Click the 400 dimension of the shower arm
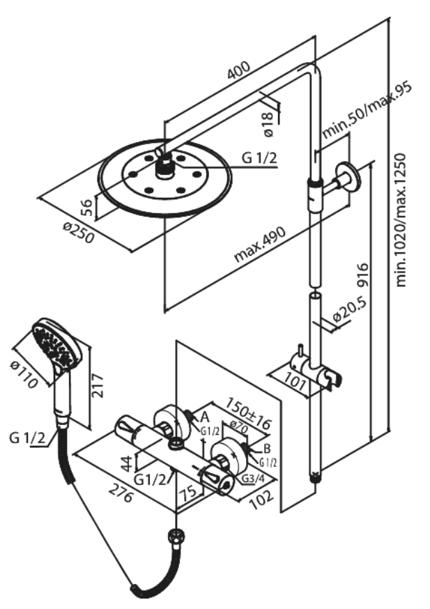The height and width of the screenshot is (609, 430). click(x=238, y=72)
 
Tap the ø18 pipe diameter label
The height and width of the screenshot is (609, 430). click(x=269, y=125)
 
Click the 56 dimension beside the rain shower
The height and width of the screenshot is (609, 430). click(x=86, y=207)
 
